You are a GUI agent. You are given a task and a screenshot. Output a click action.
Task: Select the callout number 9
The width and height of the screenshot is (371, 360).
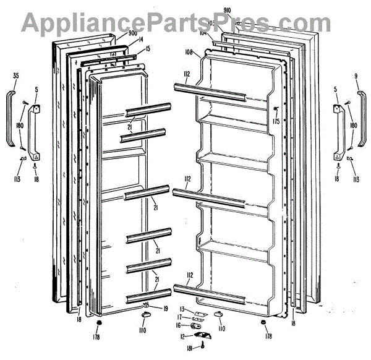coord(356,76)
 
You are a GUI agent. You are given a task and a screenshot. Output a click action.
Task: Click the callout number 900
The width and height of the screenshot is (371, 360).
coord(133,33)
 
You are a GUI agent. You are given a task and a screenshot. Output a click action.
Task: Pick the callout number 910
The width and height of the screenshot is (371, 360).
coord(227,11)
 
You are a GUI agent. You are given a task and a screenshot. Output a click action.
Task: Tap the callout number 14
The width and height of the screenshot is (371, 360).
coord(140,40)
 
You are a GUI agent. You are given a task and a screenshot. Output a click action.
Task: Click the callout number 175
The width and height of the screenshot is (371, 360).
coord(275,121)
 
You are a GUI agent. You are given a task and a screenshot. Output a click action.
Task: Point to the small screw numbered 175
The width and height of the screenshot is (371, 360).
coord(274,110)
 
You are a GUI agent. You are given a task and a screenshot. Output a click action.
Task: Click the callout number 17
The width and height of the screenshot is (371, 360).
coord(180,316)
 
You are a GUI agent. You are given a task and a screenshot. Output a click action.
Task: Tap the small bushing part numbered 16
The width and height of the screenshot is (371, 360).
coord(198,325)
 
